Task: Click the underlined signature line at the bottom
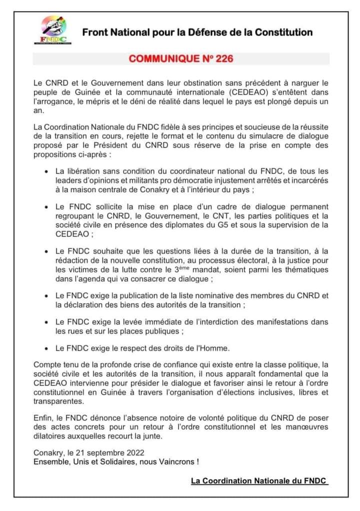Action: pyautogui.click(x=259, y=481)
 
